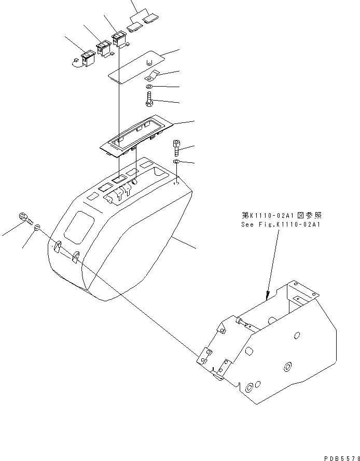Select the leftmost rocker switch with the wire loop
point(88,58)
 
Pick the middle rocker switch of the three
point(102,48)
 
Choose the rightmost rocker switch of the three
point(119,39)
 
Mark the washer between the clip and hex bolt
point(149,86)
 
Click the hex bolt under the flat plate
point(149,98)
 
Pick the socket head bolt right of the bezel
point(177,148)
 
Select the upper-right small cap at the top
point(150,20)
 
